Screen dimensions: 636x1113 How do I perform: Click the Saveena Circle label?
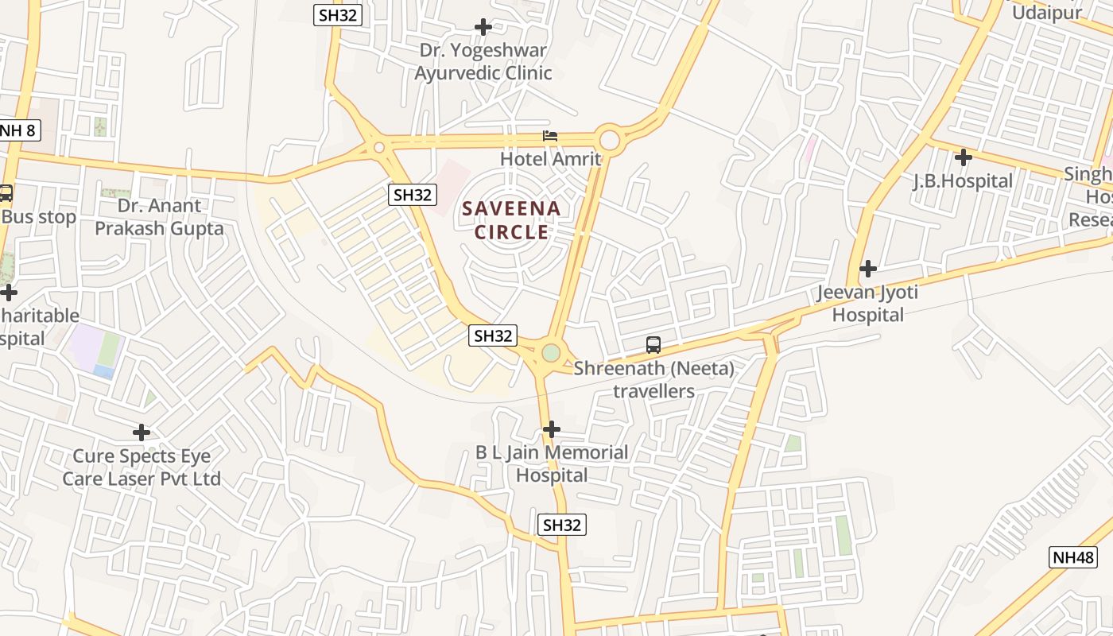pos(512,220)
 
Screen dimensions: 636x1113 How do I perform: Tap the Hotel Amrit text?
pos(550,159)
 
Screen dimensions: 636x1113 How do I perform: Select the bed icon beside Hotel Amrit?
pos(550,136)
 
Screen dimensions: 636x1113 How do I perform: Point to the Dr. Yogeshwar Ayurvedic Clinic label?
pos(483,62)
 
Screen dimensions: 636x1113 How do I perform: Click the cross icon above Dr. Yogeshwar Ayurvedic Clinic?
pos(483,27)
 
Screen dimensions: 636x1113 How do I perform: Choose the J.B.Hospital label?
pos(963,181)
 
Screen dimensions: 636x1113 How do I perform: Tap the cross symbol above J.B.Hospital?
pos(963,157)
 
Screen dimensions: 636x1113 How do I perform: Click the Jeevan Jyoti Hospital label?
pos(867,304)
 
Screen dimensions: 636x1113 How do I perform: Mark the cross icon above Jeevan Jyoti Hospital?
pos(868,269)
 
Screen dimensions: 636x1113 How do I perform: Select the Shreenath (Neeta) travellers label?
pos(653,380)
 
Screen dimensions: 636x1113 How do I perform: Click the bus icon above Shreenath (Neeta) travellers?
pos(653,345)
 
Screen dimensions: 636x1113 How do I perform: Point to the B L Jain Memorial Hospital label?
pos(552,464)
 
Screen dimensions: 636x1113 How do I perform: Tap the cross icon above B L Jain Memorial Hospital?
pos(551,429)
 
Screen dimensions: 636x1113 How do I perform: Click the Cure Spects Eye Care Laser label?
pos(142,467)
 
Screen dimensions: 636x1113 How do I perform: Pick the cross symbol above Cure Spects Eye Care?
pos(142,432)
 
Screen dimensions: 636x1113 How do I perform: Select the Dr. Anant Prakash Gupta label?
pos(159,217)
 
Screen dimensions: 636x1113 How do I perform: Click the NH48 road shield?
pos(1073,556)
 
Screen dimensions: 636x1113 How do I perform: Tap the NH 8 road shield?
pos(17,130)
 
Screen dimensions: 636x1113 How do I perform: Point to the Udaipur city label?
pos(1047,12)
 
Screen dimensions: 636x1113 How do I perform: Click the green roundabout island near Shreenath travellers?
pos(550,352)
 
